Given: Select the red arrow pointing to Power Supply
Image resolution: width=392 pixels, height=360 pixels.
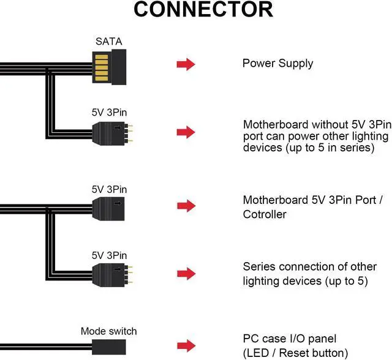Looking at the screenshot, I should tap(186, 64).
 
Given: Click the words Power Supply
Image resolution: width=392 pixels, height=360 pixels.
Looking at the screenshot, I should tap(277, 64).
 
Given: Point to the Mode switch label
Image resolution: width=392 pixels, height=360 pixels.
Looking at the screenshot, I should tap(108, 332).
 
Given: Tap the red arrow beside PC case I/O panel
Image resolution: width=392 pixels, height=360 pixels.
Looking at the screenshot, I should tap(186, 345).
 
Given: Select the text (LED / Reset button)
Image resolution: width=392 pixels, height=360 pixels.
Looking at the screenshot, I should tap(295, 353).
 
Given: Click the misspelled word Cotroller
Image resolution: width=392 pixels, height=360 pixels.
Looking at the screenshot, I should tap(265, 215).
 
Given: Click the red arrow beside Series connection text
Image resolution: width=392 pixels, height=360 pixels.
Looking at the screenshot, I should tap(186, 273).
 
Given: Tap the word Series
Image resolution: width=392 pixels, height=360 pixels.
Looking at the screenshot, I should tap(258, 267).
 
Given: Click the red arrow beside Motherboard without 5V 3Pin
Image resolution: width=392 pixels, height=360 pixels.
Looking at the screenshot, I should tap(186, 132).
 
